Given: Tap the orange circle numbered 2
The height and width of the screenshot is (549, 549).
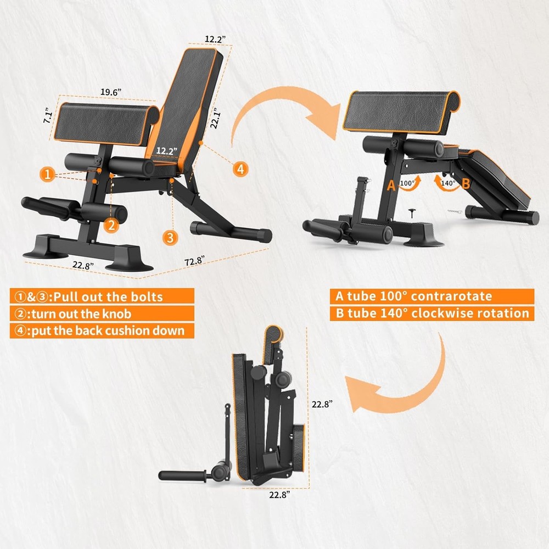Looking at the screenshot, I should click(x=111, y=224).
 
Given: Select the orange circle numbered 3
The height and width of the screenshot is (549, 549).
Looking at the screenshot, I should click(x=170, y=237).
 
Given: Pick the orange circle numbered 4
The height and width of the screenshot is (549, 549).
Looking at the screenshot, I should click(x=239, y=169).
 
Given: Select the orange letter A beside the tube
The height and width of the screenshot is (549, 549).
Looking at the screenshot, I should click(x=391, y=186).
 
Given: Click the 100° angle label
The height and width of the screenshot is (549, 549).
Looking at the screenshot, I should click(x=407, y=183).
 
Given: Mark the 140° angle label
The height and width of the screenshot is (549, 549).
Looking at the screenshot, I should click(x=449, y=183).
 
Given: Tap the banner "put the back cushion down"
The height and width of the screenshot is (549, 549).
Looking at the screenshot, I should click(x=102, y=331).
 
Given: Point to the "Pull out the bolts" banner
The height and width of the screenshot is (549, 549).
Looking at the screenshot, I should click(x=93, y=296).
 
